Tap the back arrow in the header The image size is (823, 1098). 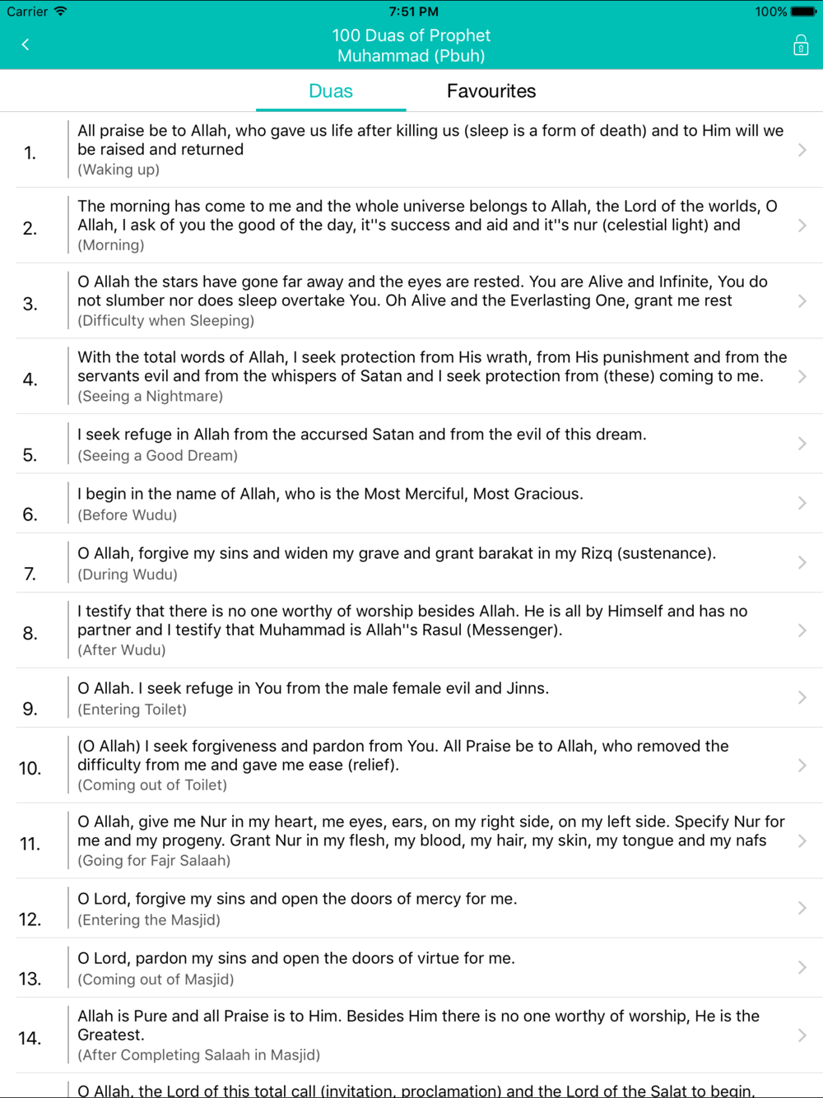point(26,44)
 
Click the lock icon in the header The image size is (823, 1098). point(800,45)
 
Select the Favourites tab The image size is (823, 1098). point(491,91)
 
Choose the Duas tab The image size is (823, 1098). point(331,91)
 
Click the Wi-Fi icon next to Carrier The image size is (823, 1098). point(61,12)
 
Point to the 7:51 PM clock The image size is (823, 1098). point(413,12)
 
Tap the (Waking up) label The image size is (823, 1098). point(119,170)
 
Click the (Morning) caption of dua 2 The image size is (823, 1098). point(111,245)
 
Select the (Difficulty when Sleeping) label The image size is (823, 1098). point(165,321)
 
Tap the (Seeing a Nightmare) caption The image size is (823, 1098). point(150,397)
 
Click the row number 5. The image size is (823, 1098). point(30,455)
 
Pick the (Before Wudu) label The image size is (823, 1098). point(127,515)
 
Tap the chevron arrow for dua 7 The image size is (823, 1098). point(802,563)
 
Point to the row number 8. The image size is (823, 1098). point(30,633)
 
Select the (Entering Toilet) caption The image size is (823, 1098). point(132,710)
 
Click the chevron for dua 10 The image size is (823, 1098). point(802,765)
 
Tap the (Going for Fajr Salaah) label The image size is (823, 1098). point(154,861)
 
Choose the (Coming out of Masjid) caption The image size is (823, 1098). point(156,979)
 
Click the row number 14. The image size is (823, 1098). point(30,1038)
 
